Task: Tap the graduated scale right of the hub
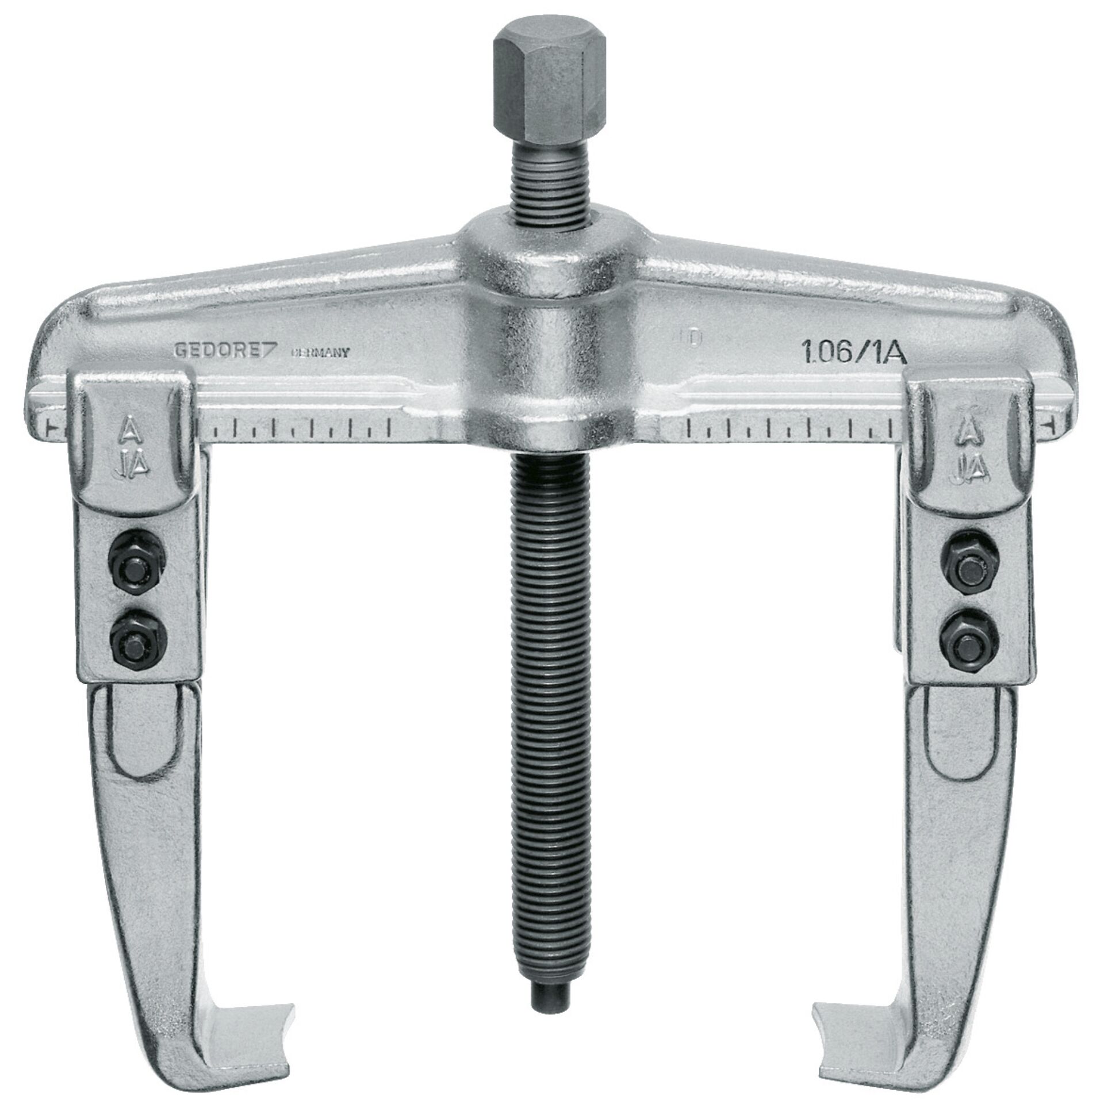pyautogui.click(x=793, y=428)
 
